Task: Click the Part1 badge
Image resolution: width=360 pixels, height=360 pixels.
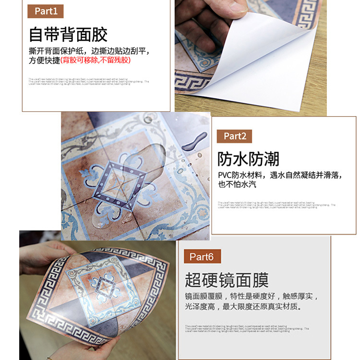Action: tap(46, 11)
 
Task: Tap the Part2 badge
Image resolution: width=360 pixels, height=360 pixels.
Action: tap(234, 136)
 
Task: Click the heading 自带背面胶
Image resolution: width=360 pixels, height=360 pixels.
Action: tap(68, 35)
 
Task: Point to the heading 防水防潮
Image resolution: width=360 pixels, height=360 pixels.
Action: tap(248, 159)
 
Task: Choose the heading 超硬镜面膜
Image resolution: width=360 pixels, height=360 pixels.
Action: tap(227, 280)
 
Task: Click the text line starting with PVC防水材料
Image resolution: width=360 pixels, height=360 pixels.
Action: tap(280, 175)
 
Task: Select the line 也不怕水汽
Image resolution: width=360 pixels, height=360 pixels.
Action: tap(237, 184)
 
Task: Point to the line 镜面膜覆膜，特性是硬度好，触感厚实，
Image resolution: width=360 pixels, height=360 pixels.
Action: tap(252, 296)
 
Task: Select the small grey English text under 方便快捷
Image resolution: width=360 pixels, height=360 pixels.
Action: tap(89, 82)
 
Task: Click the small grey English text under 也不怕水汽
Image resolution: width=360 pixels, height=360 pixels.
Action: tap(276, 205)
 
